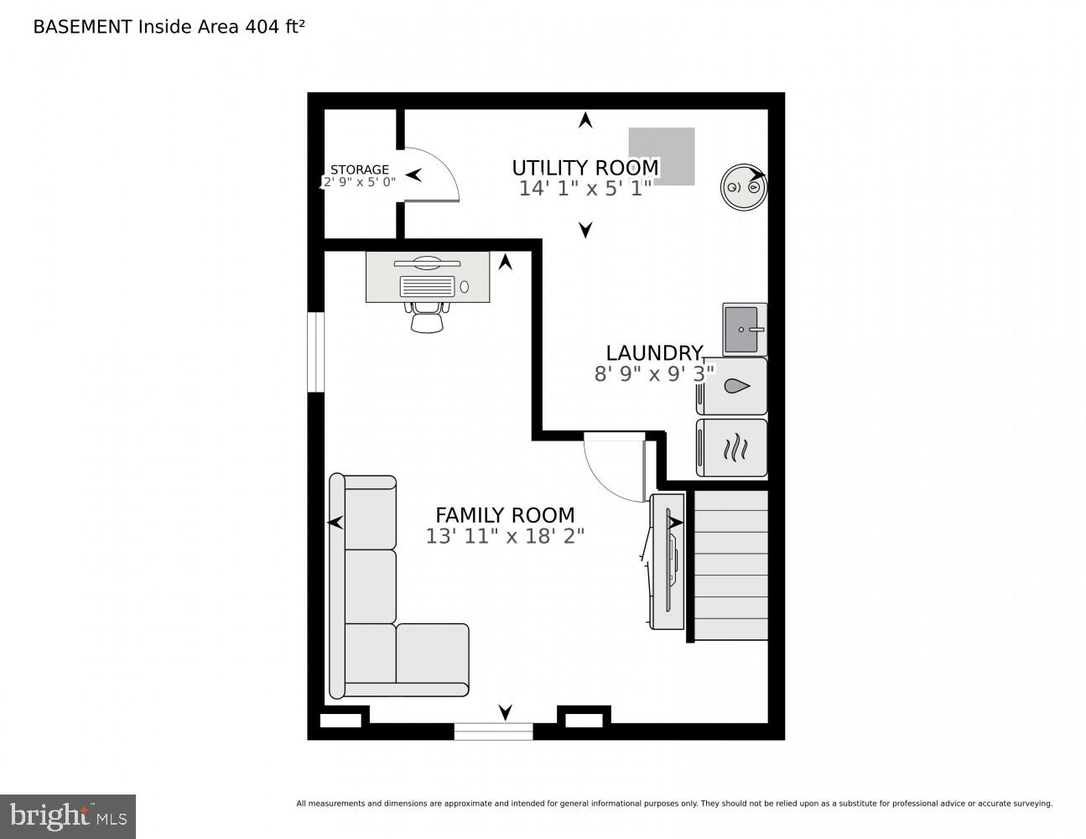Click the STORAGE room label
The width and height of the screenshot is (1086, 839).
(x=359, y=169)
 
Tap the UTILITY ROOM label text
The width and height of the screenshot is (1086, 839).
(x=585, y=168)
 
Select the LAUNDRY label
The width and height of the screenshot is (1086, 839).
(x=654, y=353)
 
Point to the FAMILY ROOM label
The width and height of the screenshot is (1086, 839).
(x=505, y=515)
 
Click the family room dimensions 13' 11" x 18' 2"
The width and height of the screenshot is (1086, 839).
(x=505, y=536)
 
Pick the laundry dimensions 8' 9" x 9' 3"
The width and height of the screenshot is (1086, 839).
(x=654, y=373)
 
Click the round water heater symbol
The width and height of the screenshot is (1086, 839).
(x=744, y=187)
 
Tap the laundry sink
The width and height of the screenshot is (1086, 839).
(x=745, y=329)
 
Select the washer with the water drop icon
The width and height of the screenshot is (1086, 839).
(x=731, y=386)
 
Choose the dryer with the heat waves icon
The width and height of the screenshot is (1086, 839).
(x=731, y=447)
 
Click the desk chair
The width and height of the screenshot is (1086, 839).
(x=427, y=317)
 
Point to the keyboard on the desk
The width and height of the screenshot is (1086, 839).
(x=427, y=286)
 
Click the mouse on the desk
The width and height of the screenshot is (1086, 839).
(x=465, y=286)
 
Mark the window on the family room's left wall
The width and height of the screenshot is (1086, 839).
(x=316, y=352)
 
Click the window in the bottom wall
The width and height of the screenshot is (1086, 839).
(x=493, y=731)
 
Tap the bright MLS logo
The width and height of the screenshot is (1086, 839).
(x=68, y=816)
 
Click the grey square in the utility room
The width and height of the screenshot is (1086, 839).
(x=661, y=157)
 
